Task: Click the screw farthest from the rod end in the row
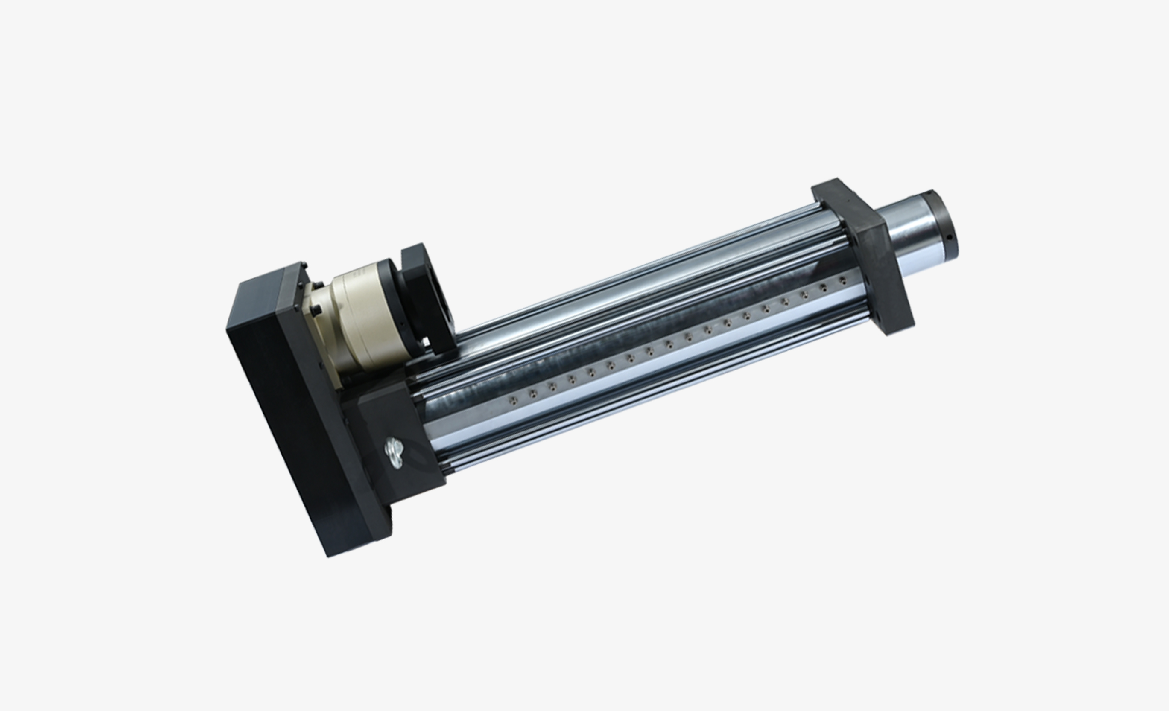(x=512, y=400)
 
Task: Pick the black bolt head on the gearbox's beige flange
(x=317, y=311)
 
